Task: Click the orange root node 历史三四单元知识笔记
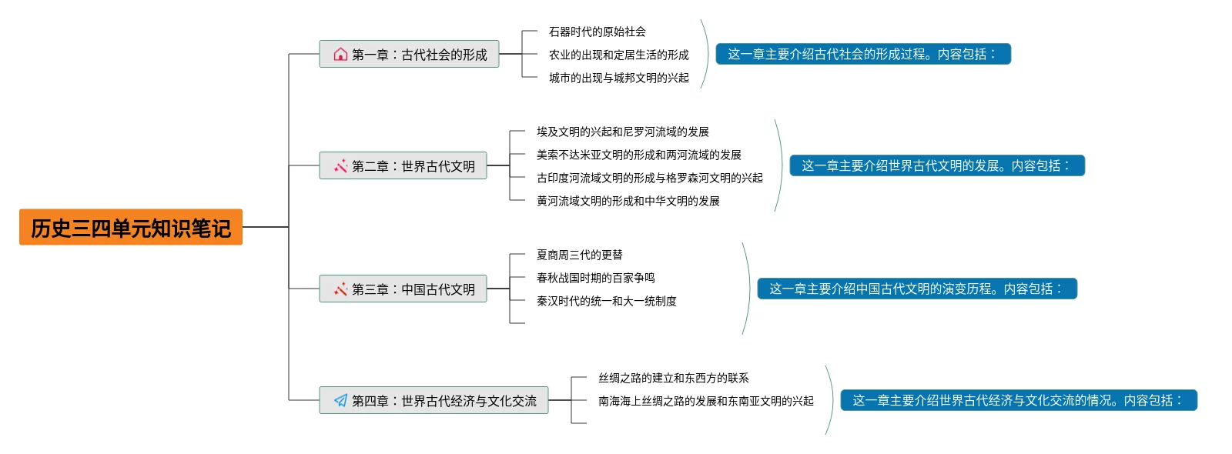[131, 227]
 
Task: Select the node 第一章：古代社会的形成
[409, 54]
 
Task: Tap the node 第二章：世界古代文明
[403, 165]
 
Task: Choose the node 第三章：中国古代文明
[403, 289]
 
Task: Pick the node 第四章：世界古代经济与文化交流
[434, 400]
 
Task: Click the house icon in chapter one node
[340, 54]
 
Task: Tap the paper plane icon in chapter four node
[340, 400]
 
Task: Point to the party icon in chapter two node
[340, 165]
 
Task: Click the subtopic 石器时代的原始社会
[597, 32]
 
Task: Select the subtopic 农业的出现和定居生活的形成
[618, 55]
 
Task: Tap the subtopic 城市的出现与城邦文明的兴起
[618, 78]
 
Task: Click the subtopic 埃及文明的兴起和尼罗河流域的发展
[622, 132]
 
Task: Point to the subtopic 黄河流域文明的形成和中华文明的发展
[628, 201]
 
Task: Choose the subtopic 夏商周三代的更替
[579, 255]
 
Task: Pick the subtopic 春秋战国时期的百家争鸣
[595, 278]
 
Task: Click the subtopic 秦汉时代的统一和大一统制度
[606, 301]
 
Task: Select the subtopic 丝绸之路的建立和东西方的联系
[673, 378]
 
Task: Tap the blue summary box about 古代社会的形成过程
[862, 54]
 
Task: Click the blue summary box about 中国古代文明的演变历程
[916, 289]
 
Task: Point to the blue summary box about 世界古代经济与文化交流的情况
[1018, 400]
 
